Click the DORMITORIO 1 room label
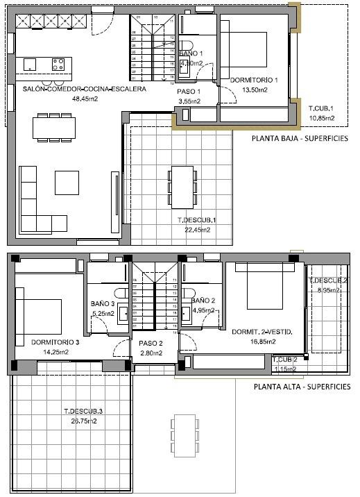(253, 80)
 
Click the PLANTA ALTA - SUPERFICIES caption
(302, 387)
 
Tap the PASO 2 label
(151, 343)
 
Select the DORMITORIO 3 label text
(60, 342)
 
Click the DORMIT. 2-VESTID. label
(262, 332)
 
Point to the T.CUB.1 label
(321, 109)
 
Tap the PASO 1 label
(189, 92)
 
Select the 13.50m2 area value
(253, 90)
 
